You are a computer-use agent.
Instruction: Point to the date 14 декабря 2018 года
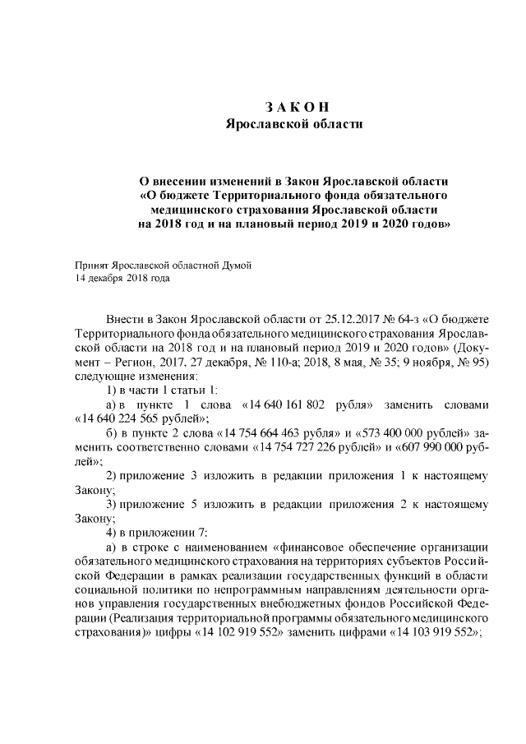[122, 279]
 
